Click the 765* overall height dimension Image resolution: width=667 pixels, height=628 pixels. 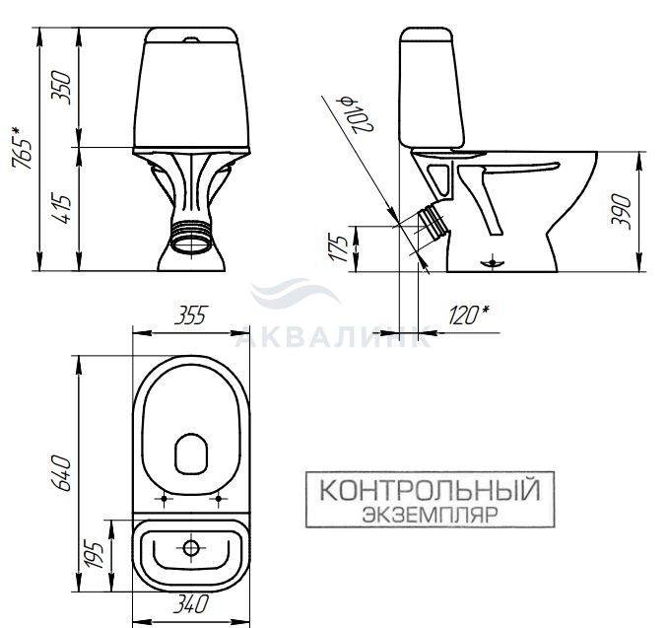[x=22, y=147]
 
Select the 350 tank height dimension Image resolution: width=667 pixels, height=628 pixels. [x=61, y=88]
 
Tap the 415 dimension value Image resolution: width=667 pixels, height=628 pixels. [x=61, y=210]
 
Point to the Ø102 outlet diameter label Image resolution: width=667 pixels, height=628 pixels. [x=356, y=114]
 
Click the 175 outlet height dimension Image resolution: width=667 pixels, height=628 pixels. [x=338, y=247]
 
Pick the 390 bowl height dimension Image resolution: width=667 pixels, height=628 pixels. [x=621, y=212]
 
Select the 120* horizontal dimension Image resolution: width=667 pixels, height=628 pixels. [x=468, y=314]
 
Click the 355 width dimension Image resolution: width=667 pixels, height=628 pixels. [x=190, y=315]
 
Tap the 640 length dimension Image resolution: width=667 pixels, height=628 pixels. [x=61, y=473]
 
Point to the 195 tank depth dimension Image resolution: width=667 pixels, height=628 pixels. [x=94, y=554]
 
